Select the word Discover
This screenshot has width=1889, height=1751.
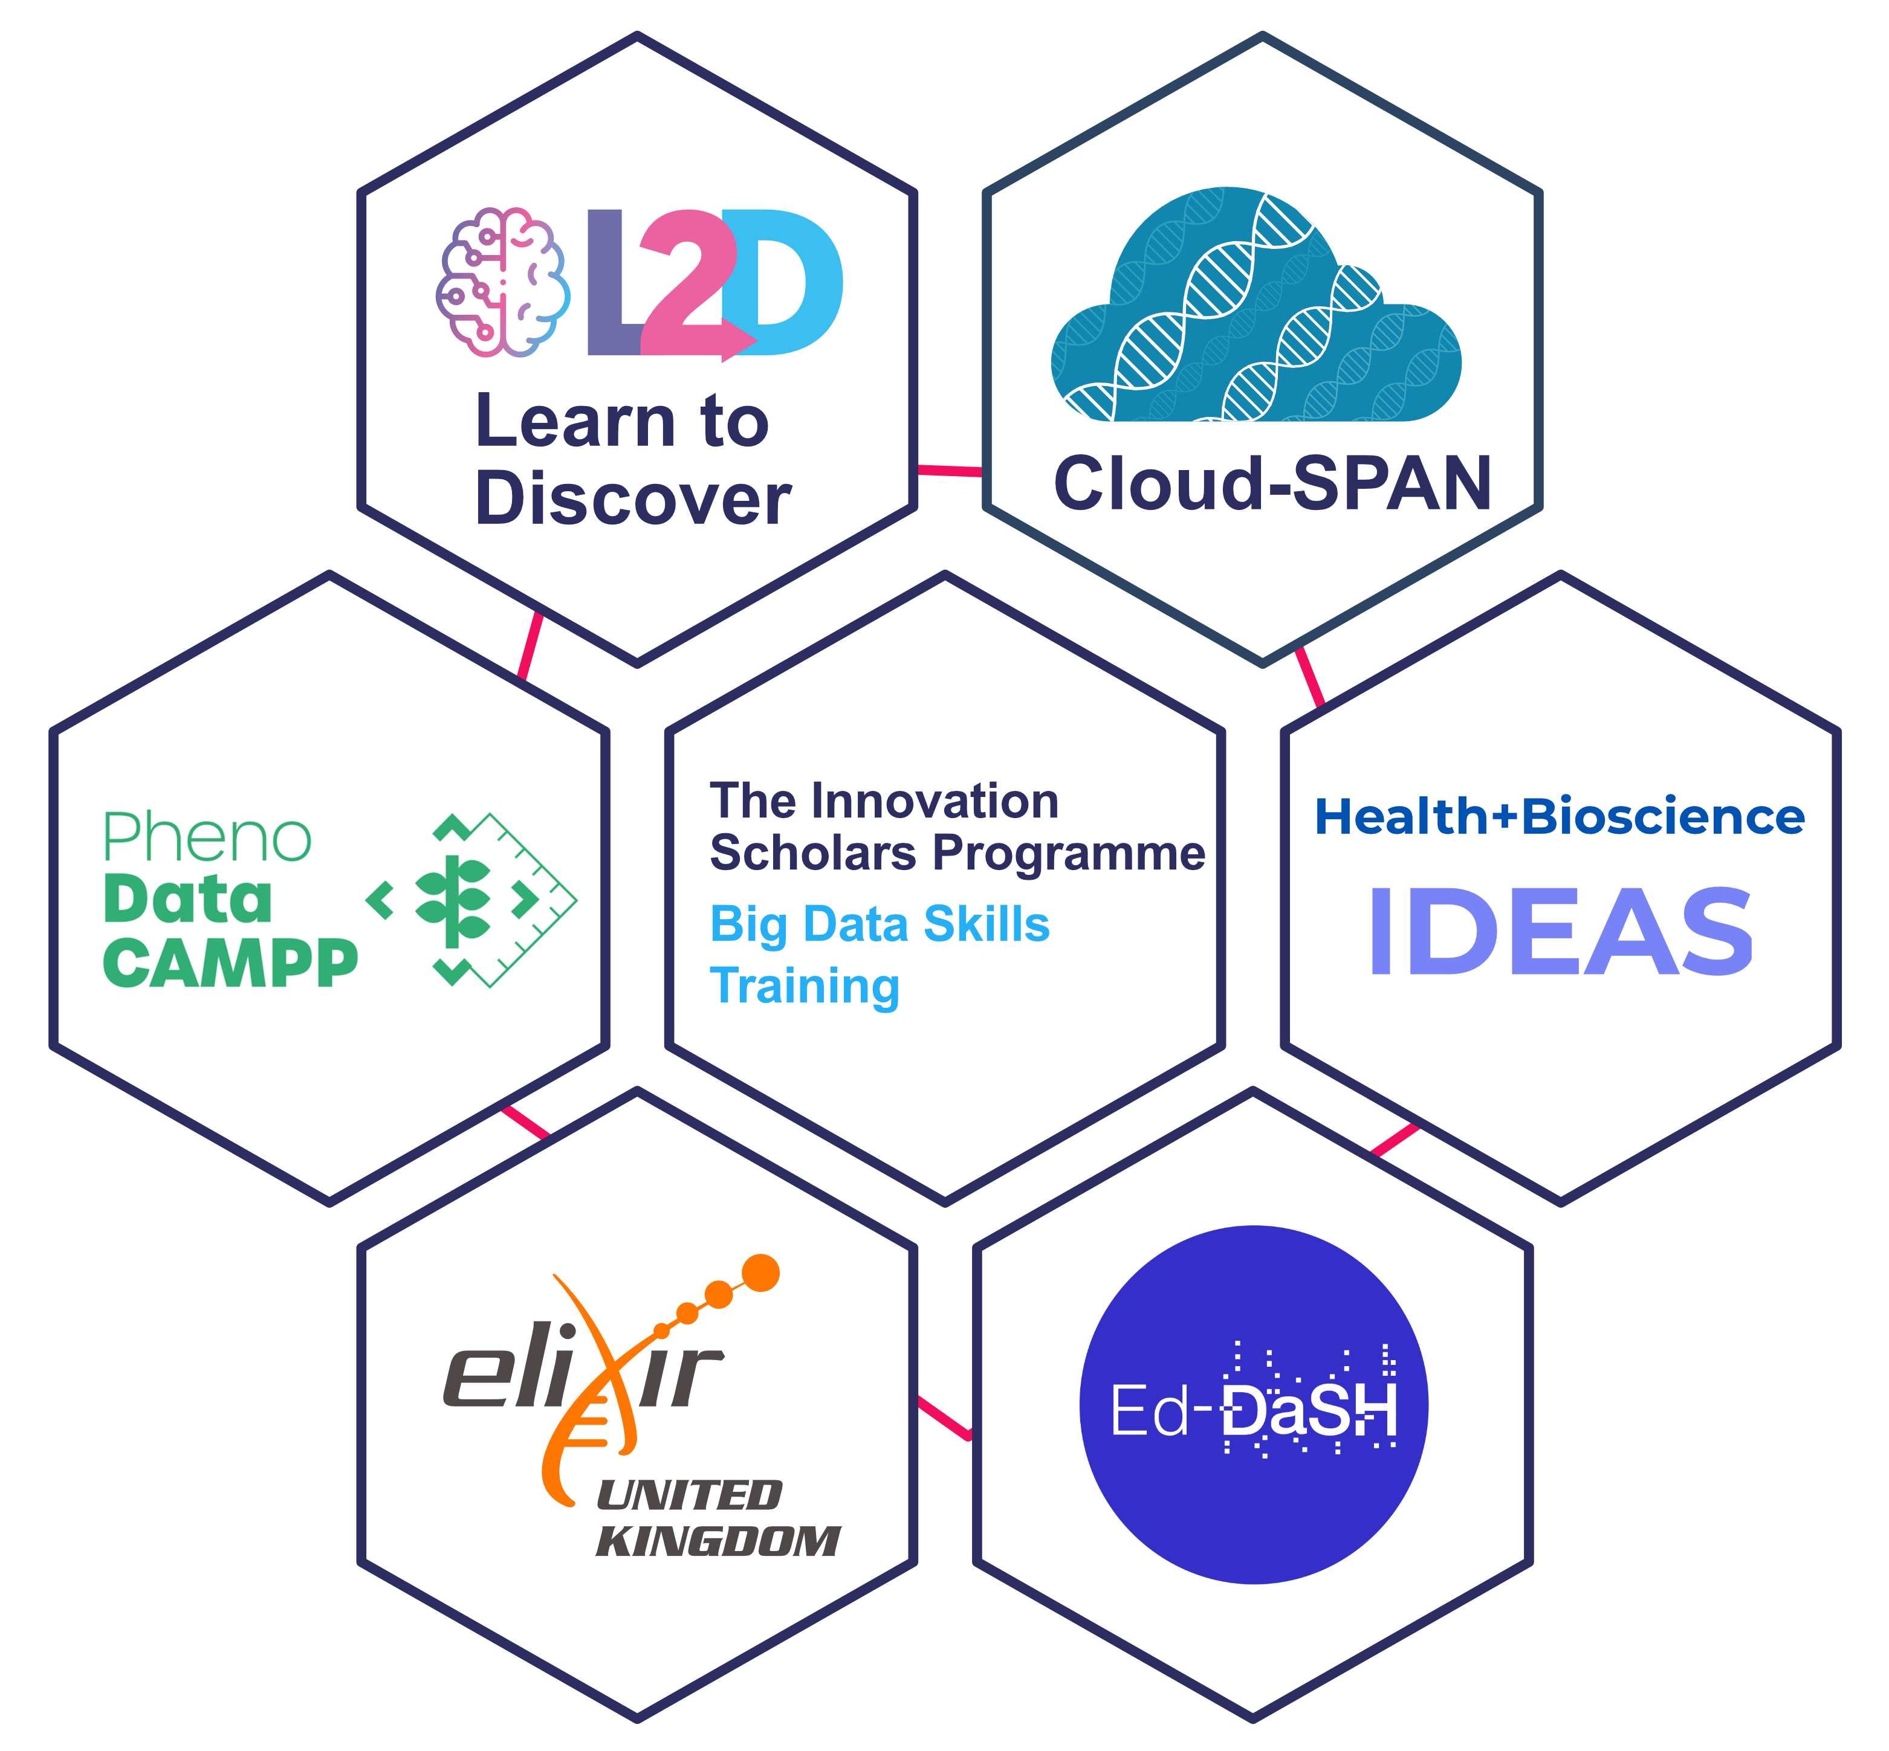(632, 499)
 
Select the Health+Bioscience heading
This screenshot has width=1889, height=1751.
(1559, 817)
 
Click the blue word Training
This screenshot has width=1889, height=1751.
(805, 985)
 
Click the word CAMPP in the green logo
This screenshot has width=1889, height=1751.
(230, 964)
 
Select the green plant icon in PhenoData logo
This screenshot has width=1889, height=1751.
(453, 901)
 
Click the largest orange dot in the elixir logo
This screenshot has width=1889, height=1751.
(760, 1274)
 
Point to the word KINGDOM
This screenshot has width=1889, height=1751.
(718, 1541)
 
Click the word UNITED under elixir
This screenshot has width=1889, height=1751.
(689, 1496)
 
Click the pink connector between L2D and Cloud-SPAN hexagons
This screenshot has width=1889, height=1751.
(950, 470)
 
